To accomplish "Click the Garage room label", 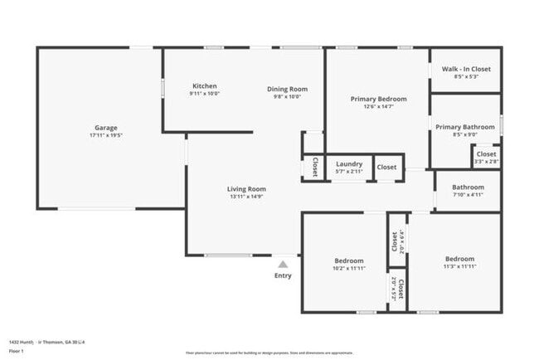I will tap(105, 128).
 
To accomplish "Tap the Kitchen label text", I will tap(204, 86).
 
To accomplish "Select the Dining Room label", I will tap(287, 89).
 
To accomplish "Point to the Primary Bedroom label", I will tap(378, 99).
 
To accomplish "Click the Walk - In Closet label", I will tap(465, 69).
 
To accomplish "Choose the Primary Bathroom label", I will tap(464, 127).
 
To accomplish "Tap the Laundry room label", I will tap(348, 164).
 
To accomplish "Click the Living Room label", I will tap(246, 189).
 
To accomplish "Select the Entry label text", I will tap(283, 275).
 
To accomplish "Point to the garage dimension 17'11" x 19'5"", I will tap(105, 135).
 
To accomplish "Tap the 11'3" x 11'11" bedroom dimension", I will tap(459, 267).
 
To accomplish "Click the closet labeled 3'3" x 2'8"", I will tap(486, 161).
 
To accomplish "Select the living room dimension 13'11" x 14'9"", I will tap(246, 197).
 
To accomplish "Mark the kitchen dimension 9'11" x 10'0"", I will tap(204, 94).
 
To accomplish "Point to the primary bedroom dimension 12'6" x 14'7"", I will tap(378, 106).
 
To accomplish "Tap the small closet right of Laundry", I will tap(387, 167).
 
